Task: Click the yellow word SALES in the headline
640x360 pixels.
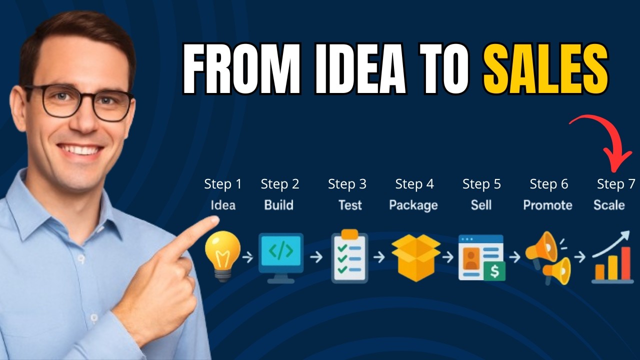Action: tap(545, 70)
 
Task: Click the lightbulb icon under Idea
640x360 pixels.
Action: tap(222, 255)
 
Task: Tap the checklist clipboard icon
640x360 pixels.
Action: tap(349, 256)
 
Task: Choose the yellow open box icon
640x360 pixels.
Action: tap(415, 257)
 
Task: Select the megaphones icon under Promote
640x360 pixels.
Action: tap(548, 257)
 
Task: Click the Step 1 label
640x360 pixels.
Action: tap(222, 184)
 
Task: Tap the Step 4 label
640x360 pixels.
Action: tap(414, 184)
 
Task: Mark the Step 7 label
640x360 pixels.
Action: tap(616, 184)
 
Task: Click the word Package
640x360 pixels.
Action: tap(413, 205)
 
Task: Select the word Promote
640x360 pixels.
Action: tap(547, 205)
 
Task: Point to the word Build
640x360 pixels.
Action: tap(279, 205)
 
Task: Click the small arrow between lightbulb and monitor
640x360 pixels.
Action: tap(247, 257)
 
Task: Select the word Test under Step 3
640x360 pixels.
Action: tap(350, 205)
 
